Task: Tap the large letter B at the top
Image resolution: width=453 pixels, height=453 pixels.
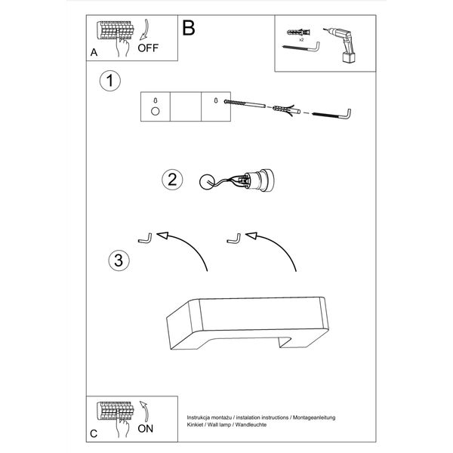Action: click(x=189, y=27)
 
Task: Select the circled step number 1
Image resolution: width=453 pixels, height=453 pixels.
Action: click(x=111, y=81)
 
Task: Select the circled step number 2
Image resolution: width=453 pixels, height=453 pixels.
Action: click(x=171, y=180)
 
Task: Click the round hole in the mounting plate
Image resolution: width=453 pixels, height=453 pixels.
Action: click(x=156, y=112)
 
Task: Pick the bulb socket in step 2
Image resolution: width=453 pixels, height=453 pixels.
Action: click(x=262, y=180)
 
